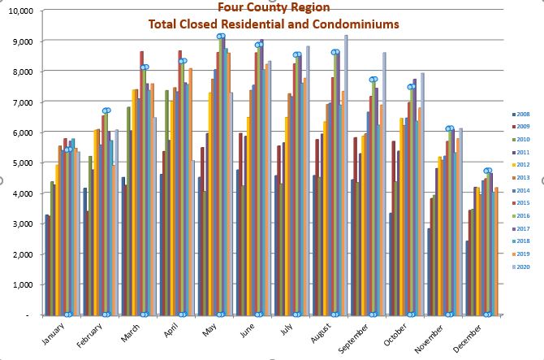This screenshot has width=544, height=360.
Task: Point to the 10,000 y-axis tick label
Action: click(19, 11)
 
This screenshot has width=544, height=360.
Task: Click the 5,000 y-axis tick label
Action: click(22, 163)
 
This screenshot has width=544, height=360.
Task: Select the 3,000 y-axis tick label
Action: click(22, 223)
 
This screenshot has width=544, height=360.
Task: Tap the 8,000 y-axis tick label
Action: click(22, 72)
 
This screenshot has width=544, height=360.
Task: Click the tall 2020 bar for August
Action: click(346, 175)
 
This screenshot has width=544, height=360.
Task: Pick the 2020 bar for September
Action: click(384, 183)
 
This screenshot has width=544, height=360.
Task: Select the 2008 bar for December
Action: click(467, 277)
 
